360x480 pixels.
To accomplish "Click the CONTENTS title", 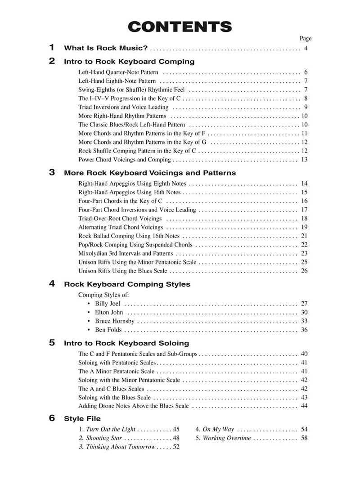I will (180, 27).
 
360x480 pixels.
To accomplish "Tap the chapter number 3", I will (52, 172).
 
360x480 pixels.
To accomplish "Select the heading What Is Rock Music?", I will (106, 48).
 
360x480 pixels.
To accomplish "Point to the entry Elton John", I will (109, 312).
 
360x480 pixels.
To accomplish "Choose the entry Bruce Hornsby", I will (115, 321).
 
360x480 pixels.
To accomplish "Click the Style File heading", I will (82, 418).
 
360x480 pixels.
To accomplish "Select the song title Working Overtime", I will (227, 438).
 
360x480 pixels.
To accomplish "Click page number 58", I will (304, 438).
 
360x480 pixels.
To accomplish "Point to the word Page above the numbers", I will (306, 38).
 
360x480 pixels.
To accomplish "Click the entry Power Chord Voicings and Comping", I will (125, 159).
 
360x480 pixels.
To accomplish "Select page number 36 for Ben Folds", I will (304, 330).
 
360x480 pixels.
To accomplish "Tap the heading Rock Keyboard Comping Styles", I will (127, 284).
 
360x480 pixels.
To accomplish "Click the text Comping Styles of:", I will (103, 295).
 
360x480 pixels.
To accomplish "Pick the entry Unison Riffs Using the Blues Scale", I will (123, 271).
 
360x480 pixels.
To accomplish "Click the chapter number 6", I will (52, 418).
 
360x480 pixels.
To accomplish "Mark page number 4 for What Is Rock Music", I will (306, 48).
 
